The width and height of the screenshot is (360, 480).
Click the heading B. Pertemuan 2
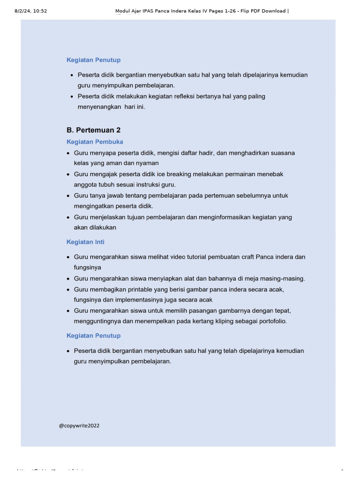93,130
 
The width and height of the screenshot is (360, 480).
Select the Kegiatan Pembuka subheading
95,142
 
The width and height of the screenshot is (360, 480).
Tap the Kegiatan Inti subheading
85,242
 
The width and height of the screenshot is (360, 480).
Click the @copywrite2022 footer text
79,426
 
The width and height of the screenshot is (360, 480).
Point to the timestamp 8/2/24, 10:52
31,11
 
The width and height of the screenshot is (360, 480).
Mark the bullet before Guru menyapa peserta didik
68,153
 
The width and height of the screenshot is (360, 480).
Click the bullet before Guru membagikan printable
68,290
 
